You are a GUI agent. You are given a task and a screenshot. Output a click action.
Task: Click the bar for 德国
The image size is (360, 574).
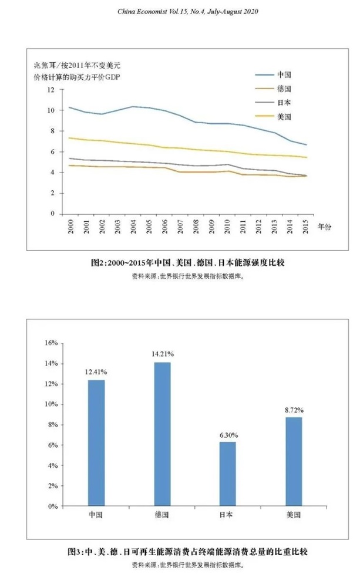tap(163, 434)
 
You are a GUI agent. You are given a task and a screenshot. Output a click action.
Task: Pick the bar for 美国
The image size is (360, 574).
tap(293, 461)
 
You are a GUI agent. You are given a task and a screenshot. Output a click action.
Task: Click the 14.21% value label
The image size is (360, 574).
tap(163, 355)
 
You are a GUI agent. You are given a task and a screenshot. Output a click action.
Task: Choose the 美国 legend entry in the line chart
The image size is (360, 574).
tap(284, 117)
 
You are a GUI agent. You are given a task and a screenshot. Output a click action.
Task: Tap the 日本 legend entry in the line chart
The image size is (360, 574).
tap(284, 103)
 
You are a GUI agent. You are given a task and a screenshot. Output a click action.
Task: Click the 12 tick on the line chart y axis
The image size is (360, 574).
tap(51, 90)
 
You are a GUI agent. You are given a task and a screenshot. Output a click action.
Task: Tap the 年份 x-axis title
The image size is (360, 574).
tap(325, 225)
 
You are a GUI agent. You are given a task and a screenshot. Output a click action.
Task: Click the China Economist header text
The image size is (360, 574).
tap(180, 11)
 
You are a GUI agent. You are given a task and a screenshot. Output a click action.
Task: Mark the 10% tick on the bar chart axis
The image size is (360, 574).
tap(51, 404)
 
